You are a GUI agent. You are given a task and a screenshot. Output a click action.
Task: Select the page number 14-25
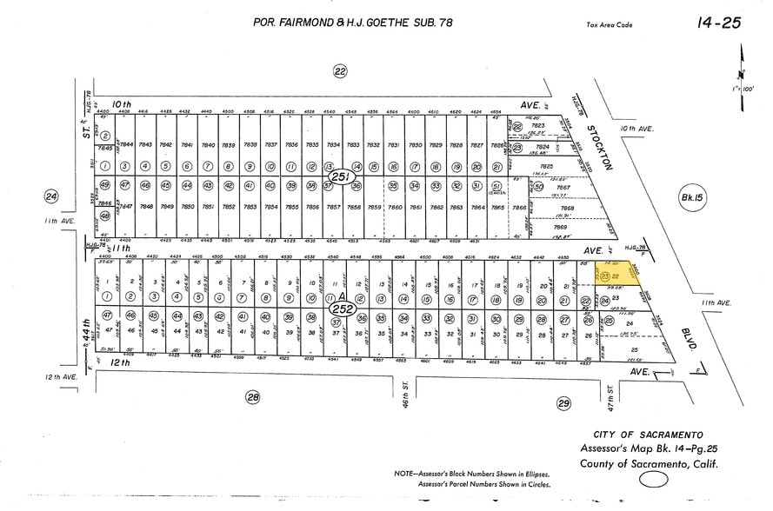click(x=718, y=23)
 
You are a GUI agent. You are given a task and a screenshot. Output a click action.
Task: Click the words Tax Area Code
click(x=610, y=25)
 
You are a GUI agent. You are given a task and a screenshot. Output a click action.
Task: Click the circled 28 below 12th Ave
click(x=253, y=397)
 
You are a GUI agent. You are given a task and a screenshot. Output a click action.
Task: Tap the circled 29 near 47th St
click(x=563, y=402)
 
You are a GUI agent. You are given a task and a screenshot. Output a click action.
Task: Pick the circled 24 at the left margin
click(x=50, y=197)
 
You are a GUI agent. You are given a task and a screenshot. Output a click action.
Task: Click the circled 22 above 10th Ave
click(x=340, y=71)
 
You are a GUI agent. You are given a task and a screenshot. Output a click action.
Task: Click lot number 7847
click(x=126, y=207)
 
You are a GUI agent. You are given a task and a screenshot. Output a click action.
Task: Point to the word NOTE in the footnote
click(x=406, y=474)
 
